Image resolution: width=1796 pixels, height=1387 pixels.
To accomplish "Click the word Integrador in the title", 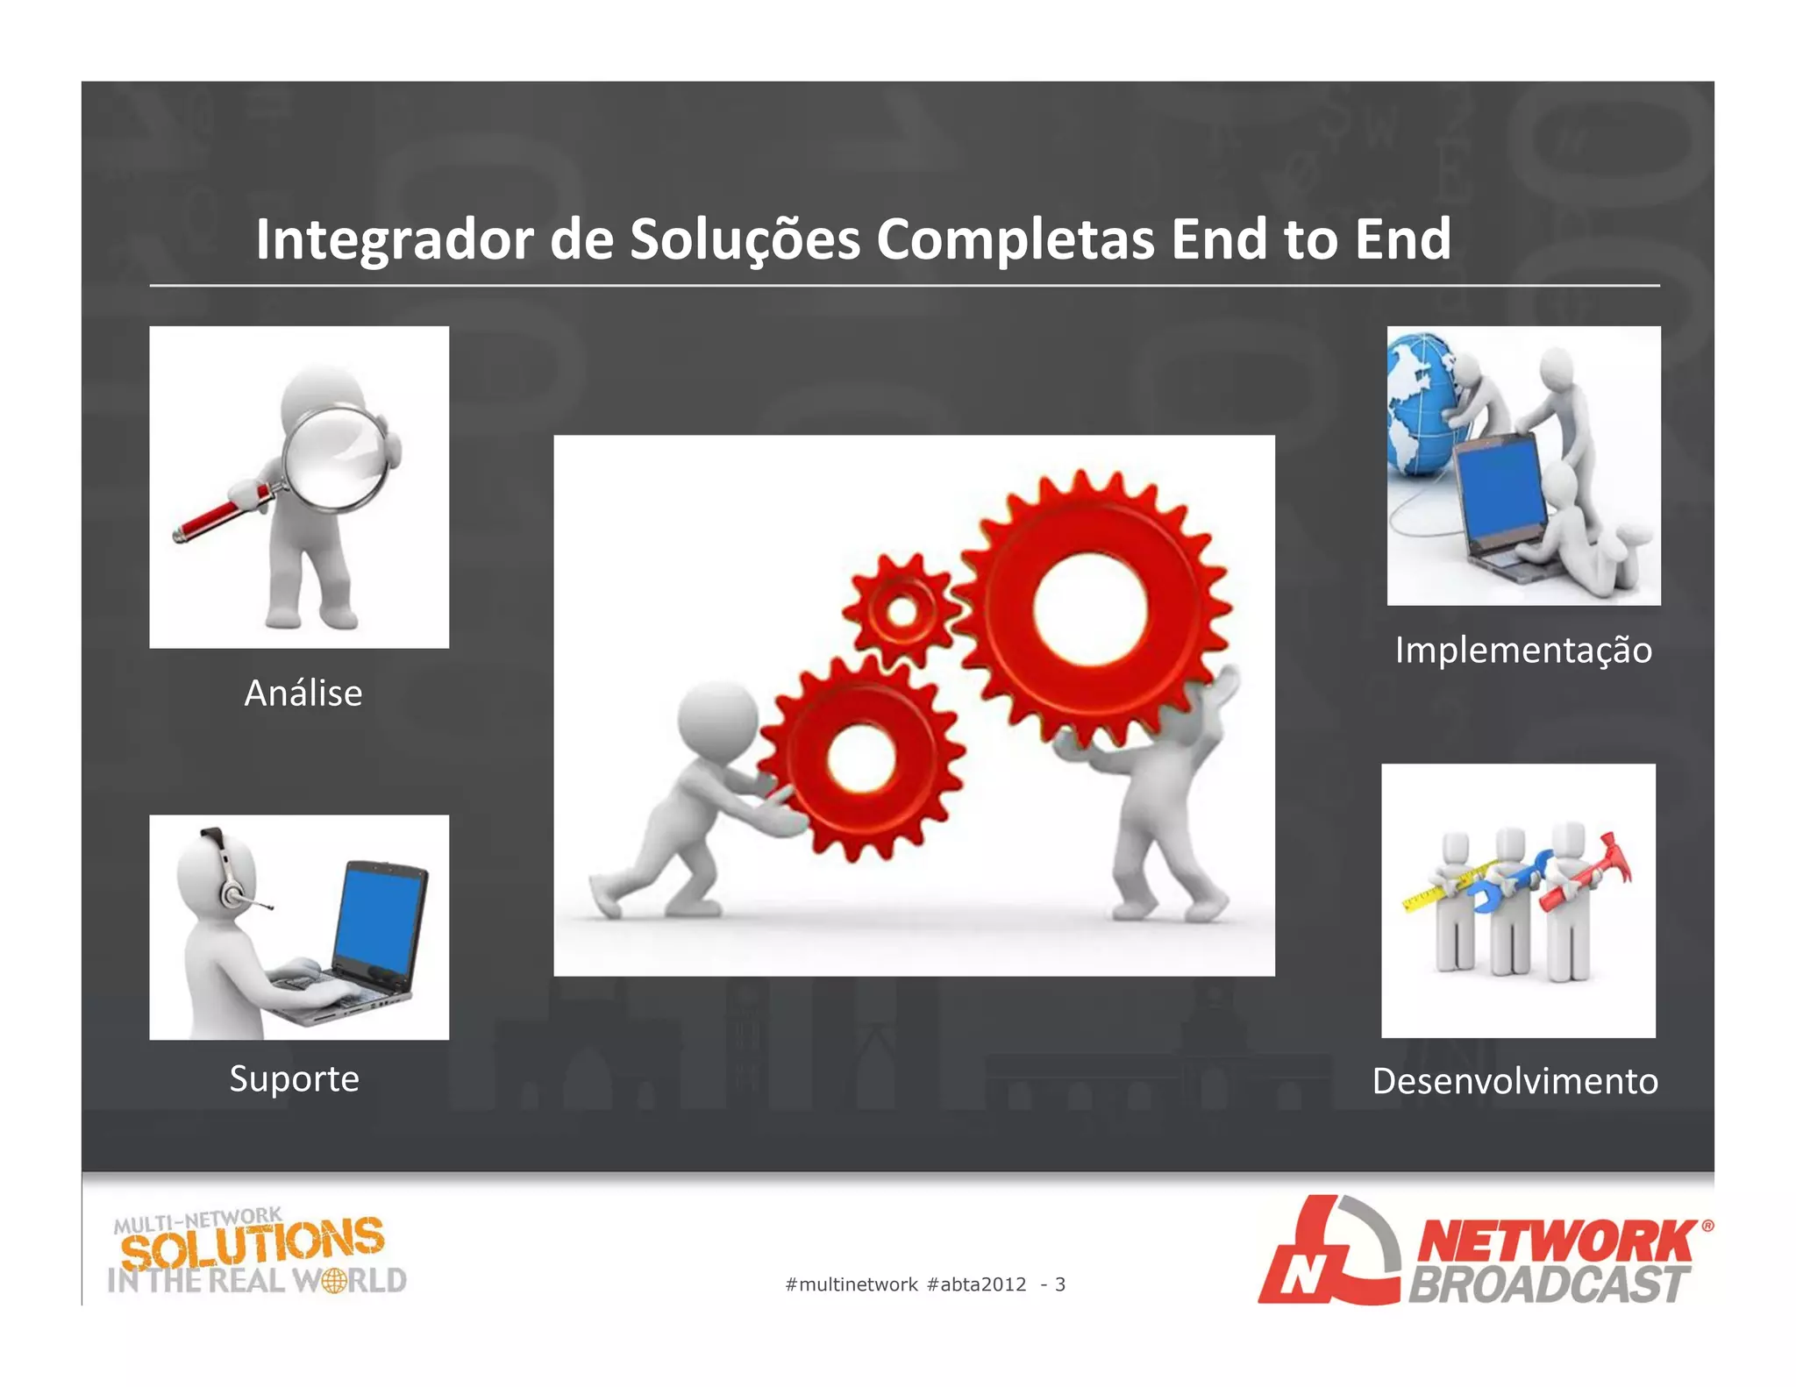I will (394, 239).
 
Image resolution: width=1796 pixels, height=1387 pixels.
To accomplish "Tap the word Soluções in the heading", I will (745, 239).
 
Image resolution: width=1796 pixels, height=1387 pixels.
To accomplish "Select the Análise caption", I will (303, 693).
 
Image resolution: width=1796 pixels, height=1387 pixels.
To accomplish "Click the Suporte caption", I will (294, 1078).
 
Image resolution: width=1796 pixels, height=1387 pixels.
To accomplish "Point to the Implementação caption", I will (1523, 650).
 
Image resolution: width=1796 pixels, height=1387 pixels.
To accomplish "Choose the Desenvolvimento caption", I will (1514, 1081).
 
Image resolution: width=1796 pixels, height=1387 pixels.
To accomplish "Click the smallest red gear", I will (902, 610).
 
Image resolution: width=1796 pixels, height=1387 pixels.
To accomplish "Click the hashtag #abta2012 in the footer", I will (976, 1284).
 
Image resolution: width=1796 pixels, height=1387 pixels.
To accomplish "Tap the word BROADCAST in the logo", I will (1548, 1285).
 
